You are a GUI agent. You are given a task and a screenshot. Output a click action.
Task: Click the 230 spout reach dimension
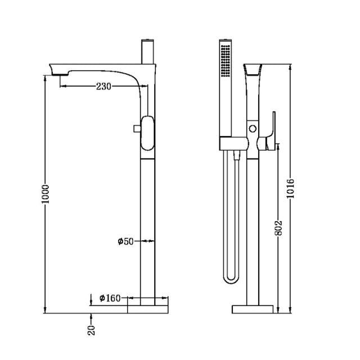(104, 86)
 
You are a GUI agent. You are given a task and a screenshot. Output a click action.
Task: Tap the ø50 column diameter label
(125, 241)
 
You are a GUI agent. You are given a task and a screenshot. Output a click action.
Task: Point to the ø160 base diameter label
(110, 298)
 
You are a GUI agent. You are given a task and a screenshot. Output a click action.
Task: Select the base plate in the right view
(253, 308)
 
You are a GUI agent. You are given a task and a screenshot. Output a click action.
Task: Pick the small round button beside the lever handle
(253, 129)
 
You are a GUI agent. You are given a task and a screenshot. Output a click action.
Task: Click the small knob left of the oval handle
(136, 129)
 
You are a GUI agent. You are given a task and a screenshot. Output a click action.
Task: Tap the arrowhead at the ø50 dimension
(151, 241)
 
